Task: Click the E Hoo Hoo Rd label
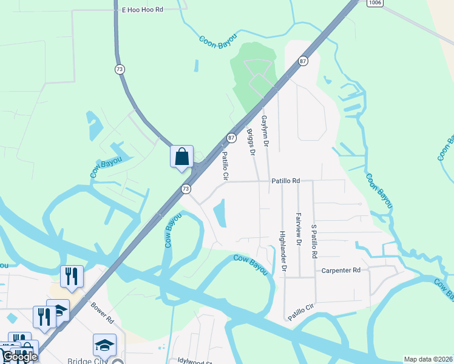(143, 10)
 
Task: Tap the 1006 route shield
(374, 3)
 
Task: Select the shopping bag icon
(182, 157)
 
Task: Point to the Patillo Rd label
(286, 181)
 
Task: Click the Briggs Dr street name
(251, 141)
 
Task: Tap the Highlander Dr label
(283, 249)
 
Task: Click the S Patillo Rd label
(314, 241)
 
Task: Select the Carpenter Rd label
(341, 270)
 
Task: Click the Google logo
(19, 357)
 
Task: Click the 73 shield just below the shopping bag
(186, 189)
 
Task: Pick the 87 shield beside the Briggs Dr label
(231, 138)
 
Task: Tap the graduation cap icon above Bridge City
(104, 345)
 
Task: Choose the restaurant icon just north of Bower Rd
(72, 276)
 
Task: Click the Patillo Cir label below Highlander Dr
(302, 313)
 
